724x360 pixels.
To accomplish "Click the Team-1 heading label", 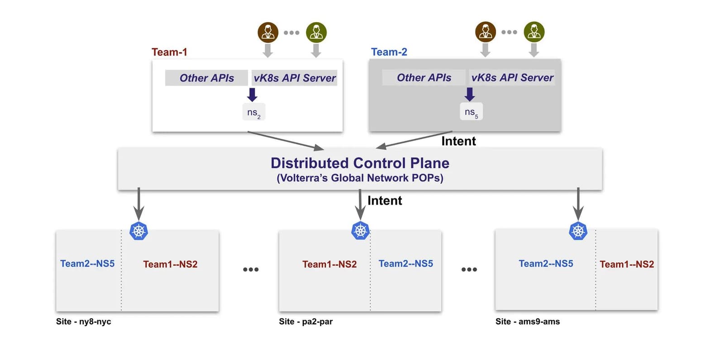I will tap(169, 52).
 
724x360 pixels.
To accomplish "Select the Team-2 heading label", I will tap(389, 52).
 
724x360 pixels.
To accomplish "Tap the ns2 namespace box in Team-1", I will tap(253, 112).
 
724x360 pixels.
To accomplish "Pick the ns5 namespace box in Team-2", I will tap(471, 112).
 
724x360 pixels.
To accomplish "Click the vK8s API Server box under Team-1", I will tap(295, 78).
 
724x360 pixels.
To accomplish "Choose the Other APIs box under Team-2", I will tap(424, 78).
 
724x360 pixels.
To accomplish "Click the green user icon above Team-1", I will tap(316, 33).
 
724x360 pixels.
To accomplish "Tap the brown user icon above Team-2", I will tap(485, 32).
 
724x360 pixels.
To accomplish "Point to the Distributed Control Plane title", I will tap(360, 163).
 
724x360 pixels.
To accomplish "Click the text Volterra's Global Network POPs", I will tap(360, 178).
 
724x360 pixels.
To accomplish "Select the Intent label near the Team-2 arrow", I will tap(458, 141).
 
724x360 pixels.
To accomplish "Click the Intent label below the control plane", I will tap(385, 200).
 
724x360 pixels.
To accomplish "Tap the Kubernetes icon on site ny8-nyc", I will tap(138, 231).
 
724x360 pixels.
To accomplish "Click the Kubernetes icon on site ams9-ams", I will tap(578, 231).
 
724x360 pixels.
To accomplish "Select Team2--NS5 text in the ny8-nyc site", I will tap(87, 264).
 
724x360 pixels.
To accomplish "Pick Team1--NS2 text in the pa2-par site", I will tap(329, 264).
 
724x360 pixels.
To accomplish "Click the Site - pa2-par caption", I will tap(305, 322).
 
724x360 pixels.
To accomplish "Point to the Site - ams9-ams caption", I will tap(527, 322).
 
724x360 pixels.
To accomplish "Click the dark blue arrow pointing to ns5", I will tap(470, 94).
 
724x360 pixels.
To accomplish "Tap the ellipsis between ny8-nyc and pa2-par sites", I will tap(251, 270).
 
